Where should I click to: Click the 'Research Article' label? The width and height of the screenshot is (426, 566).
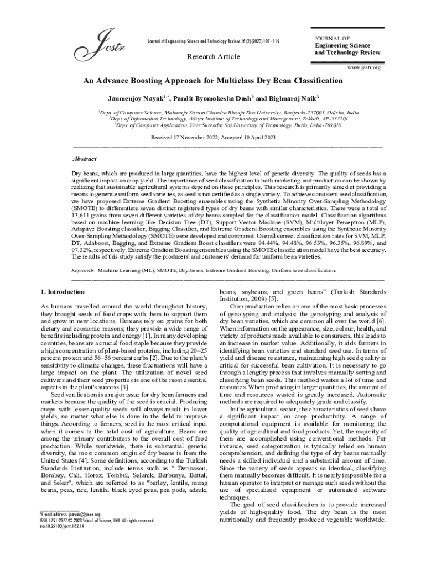tap(213, 57)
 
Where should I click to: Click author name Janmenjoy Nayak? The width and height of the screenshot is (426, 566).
tap(133, 98)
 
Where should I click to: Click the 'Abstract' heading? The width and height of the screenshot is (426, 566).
tap(85, 159)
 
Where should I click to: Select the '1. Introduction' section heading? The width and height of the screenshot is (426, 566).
tap(63, 291)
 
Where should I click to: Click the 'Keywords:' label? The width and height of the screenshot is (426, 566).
tap(84, 271)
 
